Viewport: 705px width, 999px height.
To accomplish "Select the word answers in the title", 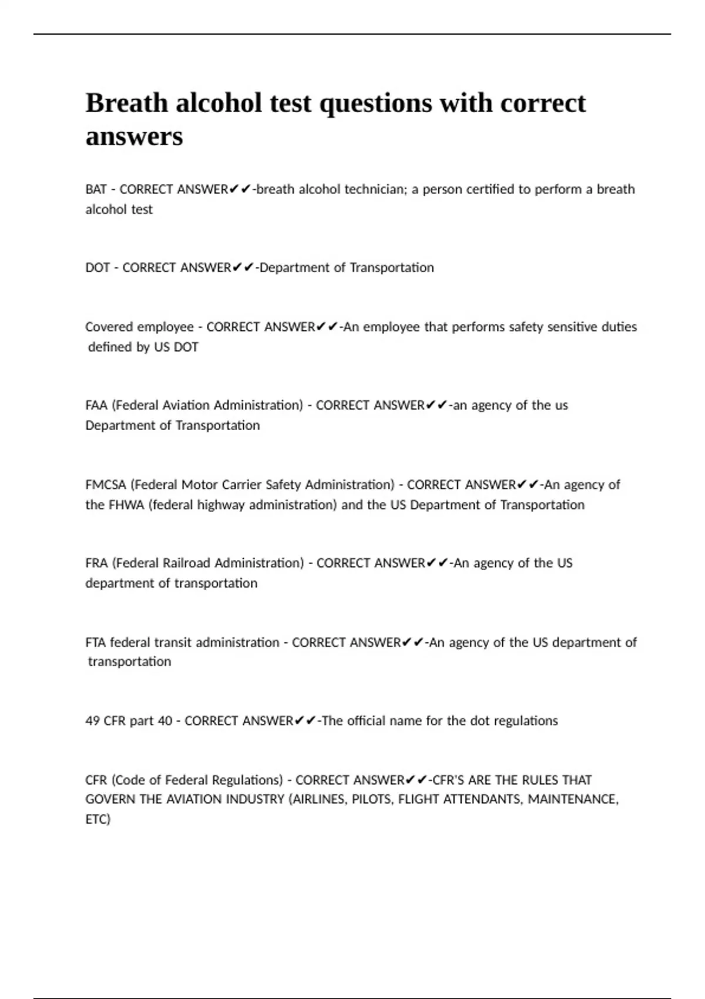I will click(134, 137).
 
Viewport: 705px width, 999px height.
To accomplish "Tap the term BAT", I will click(96, 189).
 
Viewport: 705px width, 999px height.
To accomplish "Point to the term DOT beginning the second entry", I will click(98, 268).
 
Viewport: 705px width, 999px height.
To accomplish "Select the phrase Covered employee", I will click(139, 327).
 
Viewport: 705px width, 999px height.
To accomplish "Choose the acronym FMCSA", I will click(106, 485).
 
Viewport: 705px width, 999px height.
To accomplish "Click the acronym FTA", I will click(95, 642).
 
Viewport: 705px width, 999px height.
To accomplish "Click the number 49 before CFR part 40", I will click(92, 721).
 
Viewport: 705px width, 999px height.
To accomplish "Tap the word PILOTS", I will click(371, 799).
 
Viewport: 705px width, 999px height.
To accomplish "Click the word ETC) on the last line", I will click(98, 819).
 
